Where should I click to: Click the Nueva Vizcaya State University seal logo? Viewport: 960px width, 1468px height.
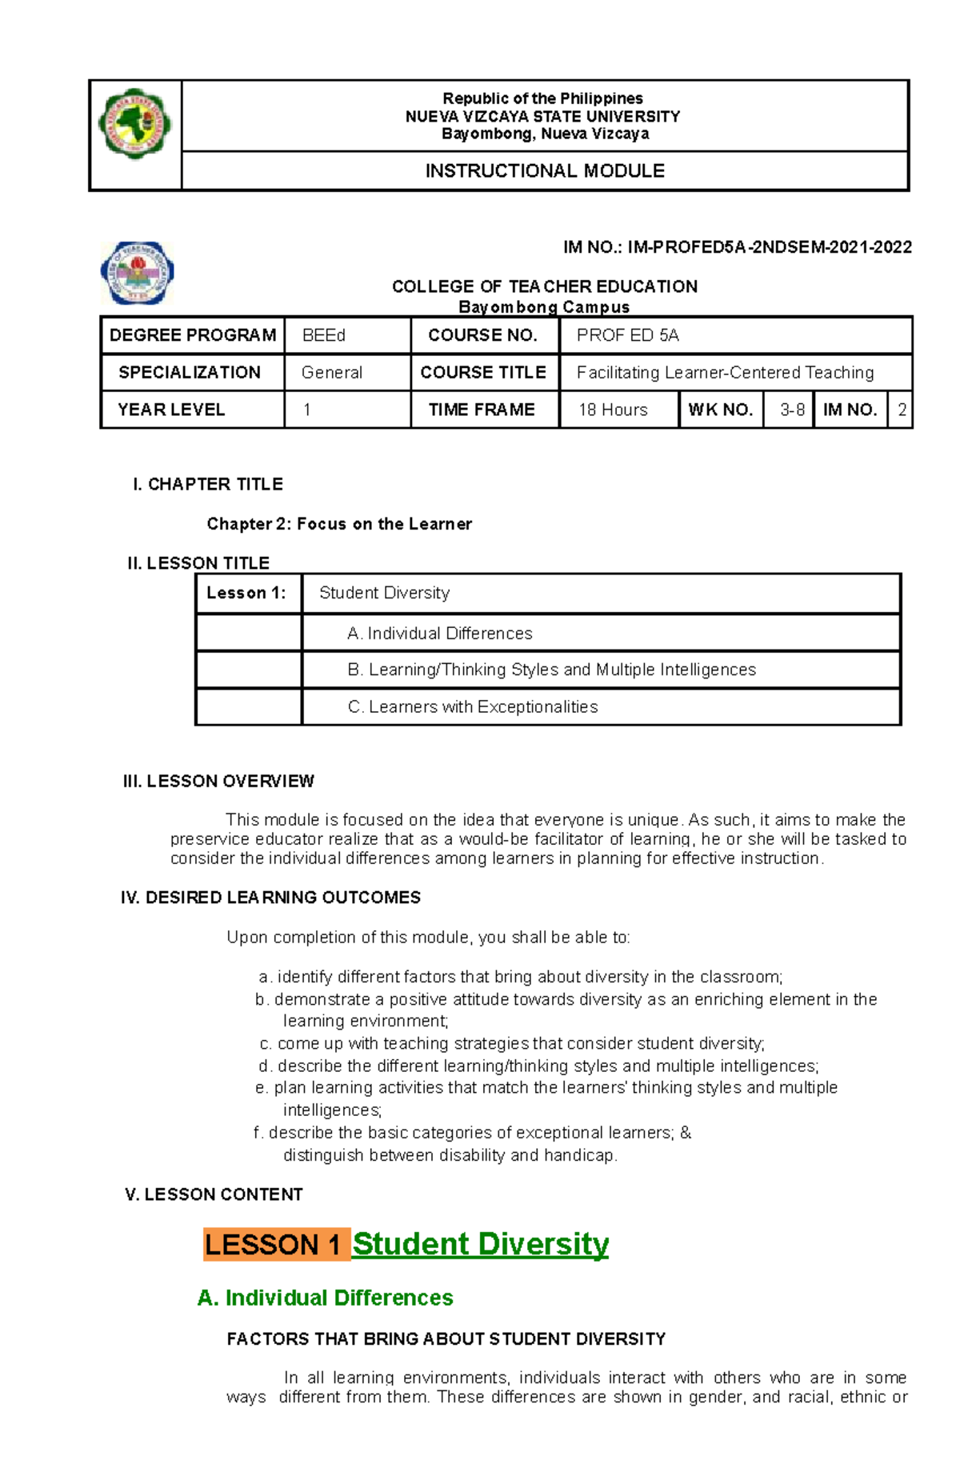(134, 124)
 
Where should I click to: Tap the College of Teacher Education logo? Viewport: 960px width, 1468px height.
(137, 273)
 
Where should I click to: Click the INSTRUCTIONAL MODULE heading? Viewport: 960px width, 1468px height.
(545, 171)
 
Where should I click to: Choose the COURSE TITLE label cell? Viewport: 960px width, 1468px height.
(483, 372)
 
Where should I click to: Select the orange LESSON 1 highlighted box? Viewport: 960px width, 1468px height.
(276, 1244)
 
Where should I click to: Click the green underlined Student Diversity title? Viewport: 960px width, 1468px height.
(481, 1244)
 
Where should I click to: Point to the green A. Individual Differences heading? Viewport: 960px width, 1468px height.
(325, 1297)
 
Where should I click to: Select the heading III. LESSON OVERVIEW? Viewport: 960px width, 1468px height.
(218, 781)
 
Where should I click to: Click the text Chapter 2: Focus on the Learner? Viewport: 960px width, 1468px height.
(339, 524)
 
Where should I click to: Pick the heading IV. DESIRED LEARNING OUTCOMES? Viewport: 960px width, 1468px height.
(270, 898)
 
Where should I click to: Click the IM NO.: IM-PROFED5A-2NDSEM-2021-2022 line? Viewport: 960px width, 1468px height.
(737, 247)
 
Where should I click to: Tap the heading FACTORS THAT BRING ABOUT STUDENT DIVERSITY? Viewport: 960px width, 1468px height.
(446, 1338)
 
